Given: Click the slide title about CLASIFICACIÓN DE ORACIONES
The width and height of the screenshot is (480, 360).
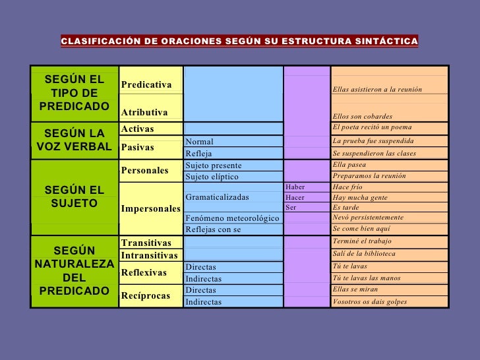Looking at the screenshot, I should [x=239, y=42].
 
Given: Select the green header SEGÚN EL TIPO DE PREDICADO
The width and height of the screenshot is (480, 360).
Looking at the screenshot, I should [x=74, y=93].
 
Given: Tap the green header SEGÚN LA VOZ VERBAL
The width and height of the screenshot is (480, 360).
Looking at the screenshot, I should [x=74, y=140].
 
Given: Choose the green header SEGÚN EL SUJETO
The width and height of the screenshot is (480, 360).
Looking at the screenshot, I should [x=74, y=196].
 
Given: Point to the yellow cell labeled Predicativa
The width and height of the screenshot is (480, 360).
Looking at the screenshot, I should [x=146, y=85].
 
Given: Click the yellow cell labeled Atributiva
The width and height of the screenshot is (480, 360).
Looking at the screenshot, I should [x=144, y=113].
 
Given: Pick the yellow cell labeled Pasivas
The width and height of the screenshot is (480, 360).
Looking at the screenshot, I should [x=137, y=147].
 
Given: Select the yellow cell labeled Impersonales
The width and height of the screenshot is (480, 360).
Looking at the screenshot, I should [x=150, y=209].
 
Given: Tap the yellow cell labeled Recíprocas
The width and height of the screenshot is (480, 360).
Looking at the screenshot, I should [x=146, y=295].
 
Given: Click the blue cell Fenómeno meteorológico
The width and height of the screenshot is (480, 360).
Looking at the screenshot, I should [x=232, y=218].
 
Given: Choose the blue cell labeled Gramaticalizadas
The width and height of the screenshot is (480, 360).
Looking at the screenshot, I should [x=218, y=197].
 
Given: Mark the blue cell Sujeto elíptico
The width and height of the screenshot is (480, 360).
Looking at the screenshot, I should [x=212, y=177].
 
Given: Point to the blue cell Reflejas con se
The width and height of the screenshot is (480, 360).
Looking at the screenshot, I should [x=214, y=229].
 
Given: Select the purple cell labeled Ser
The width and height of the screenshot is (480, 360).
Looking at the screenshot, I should [x=291, y=208].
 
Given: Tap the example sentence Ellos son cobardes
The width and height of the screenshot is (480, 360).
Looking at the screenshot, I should [x=363, y=116].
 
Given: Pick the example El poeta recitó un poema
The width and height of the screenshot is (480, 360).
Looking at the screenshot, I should [x=373, y=127].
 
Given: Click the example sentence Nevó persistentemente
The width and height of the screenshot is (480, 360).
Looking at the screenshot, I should [x=368, y=218].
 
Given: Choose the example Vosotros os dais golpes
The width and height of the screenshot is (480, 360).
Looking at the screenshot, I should [x=370, y=302].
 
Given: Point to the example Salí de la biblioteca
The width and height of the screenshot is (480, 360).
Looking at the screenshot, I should [x=365, y=254].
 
